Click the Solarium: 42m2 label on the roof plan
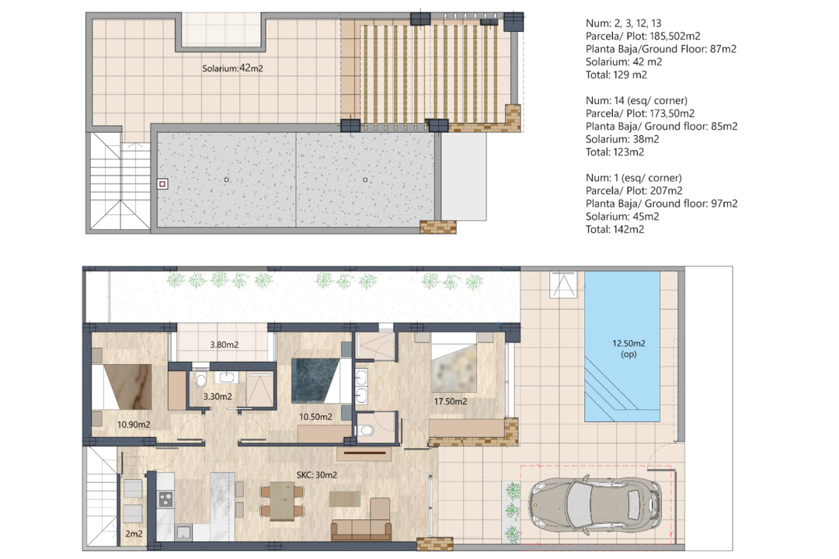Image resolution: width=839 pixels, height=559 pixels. [232, 68]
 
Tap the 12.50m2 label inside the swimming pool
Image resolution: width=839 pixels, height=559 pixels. [628, 343]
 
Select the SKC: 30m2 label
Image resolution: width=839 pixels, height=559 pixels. [317, 474]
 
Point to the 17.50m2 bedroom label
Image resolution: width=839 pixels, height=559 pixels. [450, 401]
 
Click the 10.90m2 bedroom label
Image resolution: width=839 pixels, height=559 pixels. [134, 425]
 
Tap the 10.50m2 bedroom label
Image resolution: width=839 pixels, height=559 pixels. [315, 417]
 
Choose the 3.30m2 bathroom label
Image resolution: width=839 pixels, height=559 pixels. [218, 397]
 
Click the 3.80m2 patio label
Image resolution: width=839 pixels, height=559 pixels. [225, 345]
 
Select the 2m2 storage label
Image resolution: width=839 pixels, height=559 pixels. [134, 533]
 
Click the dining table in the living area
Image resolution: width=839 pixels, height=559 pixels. [281, 501]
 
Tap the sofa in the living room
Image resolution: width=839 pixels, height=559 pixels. [361, 529]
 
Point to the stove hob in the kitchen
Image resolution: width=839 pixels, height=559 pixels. [165, 499]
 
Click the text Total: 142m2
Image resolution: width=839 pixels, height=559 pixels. [614, 230]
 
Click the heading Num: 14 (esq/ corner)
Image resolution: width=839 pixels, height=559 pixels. [636, 101]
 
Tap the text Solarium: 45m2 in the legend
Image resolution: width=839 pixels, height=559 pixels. [622, 217]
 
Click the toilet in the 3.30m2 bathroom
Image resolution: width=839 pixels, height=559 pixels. [201, 380]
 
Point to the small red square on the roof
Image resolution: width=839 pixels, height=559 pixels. [162, 184]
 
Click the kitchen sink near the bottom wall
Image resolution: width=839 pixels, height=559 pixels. [183, 532]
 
